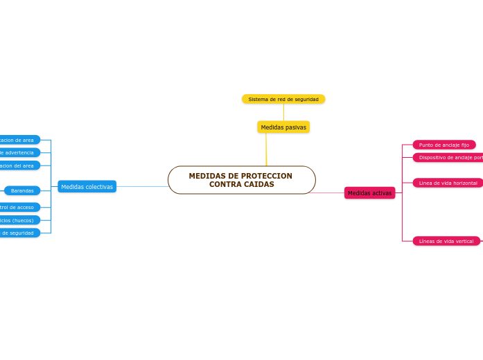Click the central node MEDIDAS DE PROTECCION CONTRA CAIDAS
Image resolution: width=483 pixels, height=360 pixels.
[241, 180]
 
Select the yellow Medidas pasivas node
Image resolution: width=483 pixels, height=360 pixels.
[283, 127]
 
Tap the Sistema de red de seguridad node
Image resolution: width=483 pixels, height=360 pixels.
[283, 99]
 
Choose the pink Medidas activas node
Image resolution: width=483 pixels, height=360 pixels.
[369, 193]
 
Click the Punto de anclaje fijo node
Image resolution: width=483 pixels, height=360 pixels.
[444, 145]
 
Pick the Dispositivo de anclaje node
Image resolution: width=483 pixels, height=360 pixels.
[449, 157]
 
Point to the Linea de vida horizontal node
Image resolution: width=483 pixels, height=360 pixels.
[448, 183]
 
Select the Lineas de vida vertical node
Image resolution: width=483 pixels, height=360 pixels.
[446, 241]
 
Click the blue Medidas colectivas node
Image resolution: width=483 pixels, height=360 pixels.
[87, 187]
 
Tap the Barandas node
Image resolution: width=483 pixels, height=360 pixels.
[22, 190]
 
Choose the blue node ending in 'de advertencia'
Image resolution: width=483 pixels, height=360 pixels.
[19, 152]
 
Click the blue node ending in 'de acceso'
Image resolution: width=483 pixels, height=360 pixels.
[19, 207]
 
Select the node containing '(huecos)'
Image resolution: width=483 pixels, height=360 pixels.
[19, 220]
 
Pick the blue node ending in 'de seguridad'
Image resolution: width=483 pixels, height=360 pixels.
[19, 233]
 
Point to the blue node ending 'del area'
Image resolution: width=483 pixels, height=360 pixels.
[19, 165]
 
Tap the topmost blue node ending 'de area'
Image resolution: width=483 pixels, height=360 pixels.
[19, 140]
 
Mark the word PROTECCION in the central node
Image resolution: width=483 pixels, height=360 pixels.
[265, 176]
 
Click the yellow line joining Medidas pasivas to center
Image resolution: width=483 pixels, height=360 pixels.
[266, 150]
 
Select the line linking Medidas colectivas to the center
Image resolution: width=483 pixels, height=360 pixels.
[142, 186]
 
